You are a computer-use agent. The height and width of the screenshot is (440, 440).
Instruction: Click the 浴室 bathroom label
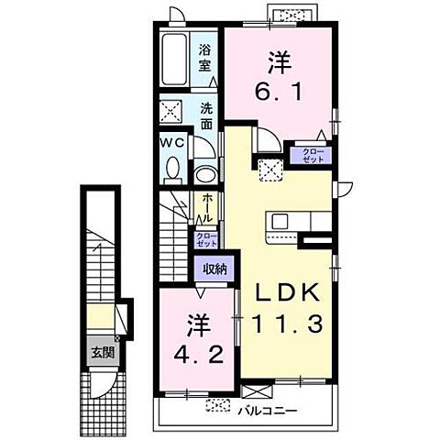205,58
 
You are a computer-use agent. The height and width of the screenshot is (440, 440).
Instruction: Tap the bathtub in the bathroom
174,59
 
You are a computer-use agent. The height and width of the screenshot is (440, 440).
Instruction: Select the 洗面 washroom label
207,116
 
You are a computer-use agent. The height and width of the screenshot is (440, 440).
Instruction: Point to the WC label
172,142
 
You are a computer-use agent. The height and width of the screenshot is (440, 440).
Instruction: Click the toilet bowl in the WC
173,168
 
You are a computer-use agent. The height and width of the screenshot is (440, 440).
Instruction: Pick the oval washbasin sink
206,174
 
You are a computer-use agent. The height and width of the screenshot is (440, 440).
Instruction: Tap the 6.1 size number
279,91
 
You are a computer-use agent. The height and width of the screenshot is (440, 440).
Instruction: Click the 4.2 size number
199,355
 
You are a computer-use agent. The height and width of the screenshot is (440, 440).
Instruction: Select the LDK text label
288,292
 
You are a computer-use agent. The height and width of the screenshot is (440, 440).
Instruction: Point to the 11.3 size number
287,324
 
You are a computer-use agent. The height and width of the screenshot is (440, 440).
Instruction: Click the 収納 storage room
214,269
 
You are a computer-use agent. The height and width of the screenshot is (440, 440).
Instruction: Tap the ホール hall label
207,208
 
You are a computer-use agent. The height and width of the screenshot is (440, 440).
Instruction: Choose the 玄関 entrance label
103,353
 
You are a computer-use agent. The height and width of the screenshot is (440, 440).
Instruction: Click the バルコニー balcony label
268,411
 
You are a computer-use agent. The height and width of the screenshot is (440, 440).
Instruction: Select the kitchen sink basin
280,221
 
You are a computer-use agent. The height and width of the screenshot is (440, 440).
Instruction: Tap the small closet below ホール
206,240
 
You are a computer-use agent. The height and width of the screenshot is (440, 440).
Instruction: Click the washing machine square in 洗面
170,111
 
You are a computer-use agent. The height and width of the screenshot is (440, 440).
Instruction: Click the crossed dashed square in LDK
270,170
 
